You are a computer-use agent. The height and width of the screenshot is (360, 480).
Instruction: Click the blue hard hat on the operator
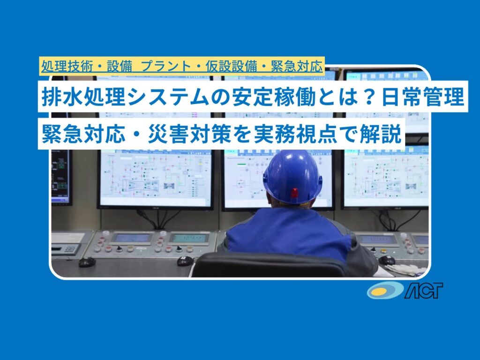292,177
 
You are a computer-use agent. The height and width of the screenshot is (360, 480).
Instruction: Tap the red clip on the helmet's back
294,193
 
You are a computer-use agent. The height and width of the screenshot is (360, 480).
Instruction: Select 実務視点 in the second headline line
295,134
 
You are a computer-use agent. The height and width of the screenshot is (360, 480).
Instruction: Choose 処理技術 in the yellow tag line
67,66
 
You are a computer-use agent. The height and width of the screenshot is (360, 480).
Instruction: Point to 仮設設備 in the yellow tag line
231,66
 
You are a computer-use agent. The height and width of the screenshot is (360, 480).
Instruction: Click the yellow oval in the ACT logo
382,291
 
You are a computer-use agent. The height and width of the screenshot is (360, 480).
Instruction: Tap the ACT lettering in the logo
424,290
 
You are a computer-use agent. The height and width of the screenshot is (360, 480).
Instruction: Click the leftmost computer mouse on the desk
87,262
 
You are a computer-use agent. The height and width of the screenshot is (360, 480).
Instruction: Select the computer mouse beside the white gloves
387,261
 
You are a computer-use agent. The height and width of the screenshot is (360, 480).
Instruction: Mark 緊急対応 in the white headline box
83,134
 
